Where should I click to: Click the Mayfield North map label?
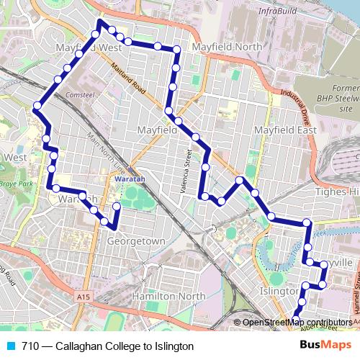pyautogui.click(x=227, y=47)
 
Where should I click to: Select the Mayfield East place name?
pyautogui.click(x=285, y=131)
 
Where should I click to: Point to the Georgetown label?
pyautogui.click(x=136, y=242)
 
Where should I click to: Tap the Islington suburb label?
pyautogui.click(x=277, y=291)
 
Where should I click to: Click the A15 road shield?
pyautogui.click(x=82, y=297)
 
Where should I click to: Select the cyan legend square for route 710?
pyautogui.click(x=9, y=346)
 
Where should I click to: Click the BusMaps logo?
pyautogui.click(x=325, y=346)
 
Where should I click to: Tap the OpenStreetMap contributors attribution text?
pyautogui.click(x=298, y=323)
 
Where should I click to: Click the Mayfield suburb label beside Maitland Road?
pyautogui.click(x=157, y=131)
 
